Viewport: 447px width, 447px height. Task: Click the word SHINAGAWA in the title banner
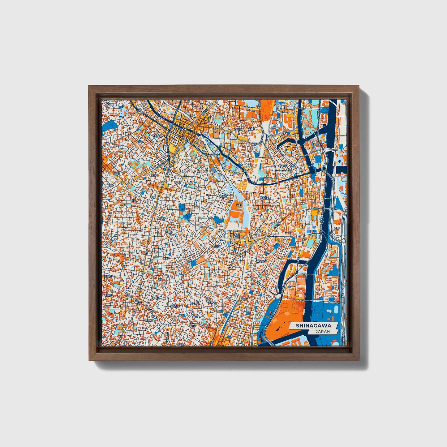313,326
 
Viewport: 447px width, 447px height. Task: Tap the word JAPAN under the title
323,331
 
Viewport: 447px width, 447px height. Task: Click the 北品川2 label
283,166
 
